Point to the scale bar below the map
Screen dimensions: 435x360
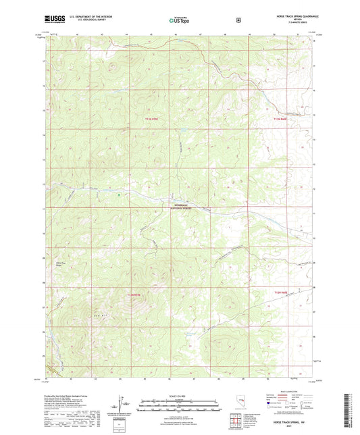point(180,407)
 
